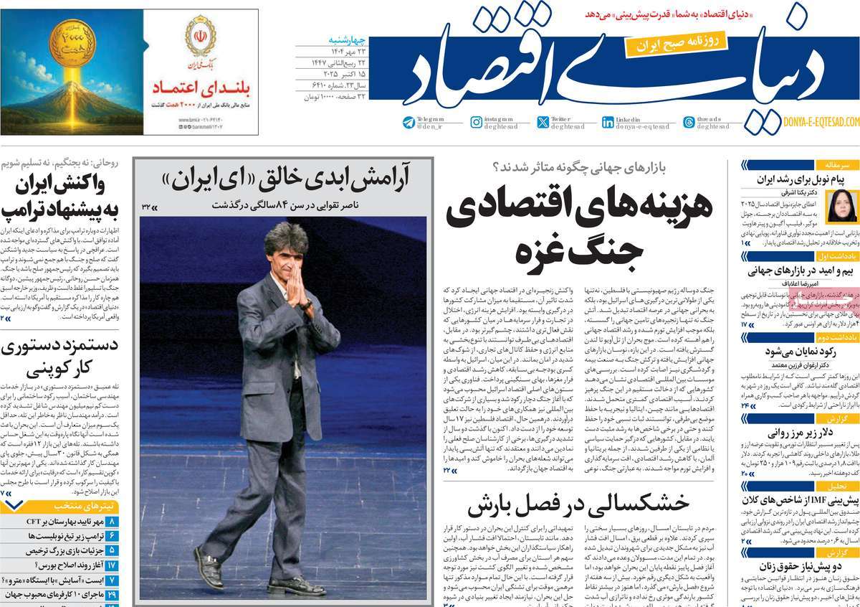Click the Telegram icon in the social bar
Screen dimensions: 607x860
(x=408, y=123)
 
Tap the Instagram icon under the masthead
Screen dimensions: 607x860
(x=477, y=123)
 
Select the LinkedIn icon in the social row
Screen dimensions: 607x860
(x=608, y=123)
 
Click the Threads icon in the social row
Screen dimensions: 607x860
(x=689, y=123)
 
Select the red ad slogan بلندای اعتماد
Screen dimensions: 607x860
(x=199, y=88)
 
